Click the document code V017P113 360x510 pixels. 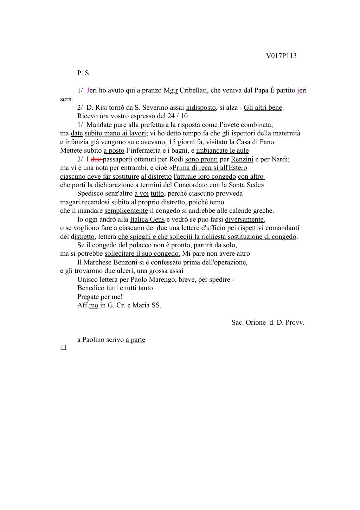point(281,56)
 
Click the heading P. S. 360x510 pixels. point(84,73)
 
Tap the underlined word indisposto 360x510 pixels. point(201,108)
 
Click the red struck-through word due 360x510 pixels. point(96,159)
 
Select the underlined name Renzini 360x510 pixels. point(242,159)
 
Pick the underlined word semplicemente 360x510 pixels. point(126,211)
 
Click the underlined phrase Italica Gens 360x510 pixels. point(147,219)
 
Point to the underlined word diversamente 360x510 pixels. point(245,219)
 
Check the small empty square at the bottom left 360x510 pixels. point(63,348)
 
